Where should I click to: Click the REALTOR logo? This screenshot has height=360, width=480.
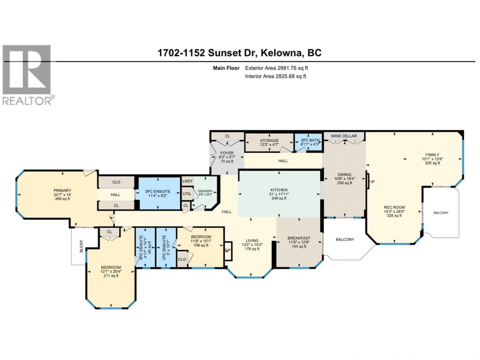click(x=28, y=75)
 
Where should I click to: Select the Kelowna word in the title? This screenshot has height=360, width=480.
click(x=281, y=53)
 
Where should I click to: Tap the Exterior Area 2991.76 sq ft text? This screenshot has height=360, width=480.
click(x=276, y=68)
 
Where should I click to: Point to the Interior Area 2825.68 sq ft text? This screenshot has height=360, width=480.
click(x=276, y=76)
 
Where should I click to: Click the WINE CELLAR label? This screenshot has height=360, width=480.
click(x=343, y=136)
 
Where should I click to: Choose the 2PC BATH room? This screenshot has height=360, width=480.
click(x=308, y=142)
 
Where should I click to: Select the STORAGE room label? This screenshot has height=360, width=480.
click(x=269, y=141)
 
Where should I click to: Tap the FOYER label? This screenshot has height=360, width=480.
click(x=227, y=153)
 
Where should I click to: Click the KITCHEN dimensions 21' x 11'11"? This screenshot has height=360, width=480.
click(x=279, y=194)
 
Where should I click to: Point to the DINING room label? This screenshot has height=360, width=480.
click(x=345, y=174)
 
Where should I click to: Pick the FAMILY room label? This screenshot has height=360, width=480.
click(x=432, y=155)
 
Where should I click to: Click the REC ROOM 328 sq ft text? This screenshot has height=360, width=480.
click(x=394, y=216)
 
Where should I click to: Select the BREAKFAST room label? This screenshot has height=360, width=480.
click(x=299, y=238)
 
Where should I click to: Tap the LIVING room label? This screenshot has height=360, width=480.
click(x=252, y=241)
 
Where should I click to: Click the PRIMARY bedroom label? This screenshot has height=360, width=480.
click(x=62, y=191)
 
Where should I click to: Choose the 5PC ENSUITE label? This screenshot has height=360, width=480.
click(x=157, y=192)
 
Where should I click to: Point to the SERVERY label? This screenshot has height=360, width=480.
click(x=205, y=191)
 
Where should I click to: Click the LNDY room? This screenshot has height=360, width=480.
click(x=187, y=181)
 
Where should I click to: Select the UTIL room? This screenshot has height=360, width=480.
click(x=187, y=194)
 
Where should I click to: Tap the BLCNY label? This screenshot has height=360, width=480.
click(x=81, y=249)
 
